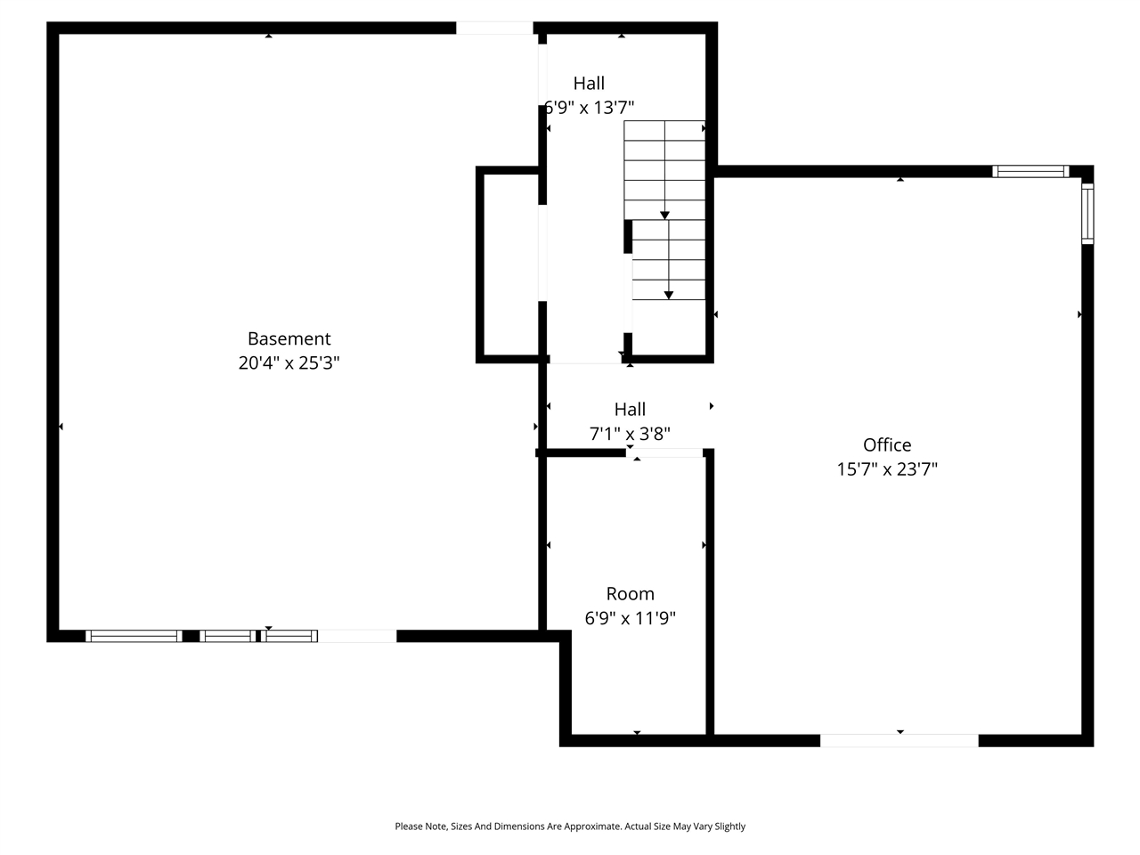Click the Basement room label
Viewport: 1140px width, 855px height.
click(289, 338)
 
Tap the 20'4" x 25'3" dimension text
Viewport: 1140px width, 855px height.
click(289, 363)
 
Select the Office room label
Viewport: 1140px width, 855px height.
click(887, 444)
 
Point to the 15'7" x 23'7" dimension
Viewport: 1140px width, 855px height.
click(887, 469)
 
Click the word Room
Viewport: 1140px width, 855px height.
click(630, 594)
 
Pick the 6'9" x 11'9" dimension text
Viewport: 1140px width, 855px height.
click(630, 618)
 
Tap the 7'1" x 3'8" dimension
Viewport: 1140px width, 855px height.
click(630, 434)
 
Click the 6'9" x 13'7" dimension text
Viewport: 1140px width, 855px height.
click(590, 108)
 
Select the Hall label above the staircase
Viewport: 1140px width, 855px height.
click(589, 83)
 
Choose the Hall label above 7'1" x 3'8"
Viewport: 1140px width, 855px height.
click(630, 410)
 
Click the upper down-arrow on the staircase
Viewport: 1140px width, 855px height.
click(664, 215)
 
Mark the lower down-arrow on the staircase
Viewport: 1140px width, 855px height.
click(669, 295)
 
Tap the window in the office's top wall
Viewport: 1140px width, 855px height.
click(1030, 171)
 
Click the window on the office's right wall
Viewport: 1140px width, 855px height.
click(1087, 213)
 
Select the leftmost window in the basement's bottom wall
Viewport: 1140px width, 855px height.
click(134, 636)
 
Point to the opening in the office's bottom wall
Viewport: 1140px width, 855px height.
click(899, 740)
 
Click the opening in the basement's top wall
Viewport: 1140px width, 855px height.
click(494, 28)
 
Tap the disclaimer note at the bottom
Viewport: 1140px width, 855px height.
click(570, 826)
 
